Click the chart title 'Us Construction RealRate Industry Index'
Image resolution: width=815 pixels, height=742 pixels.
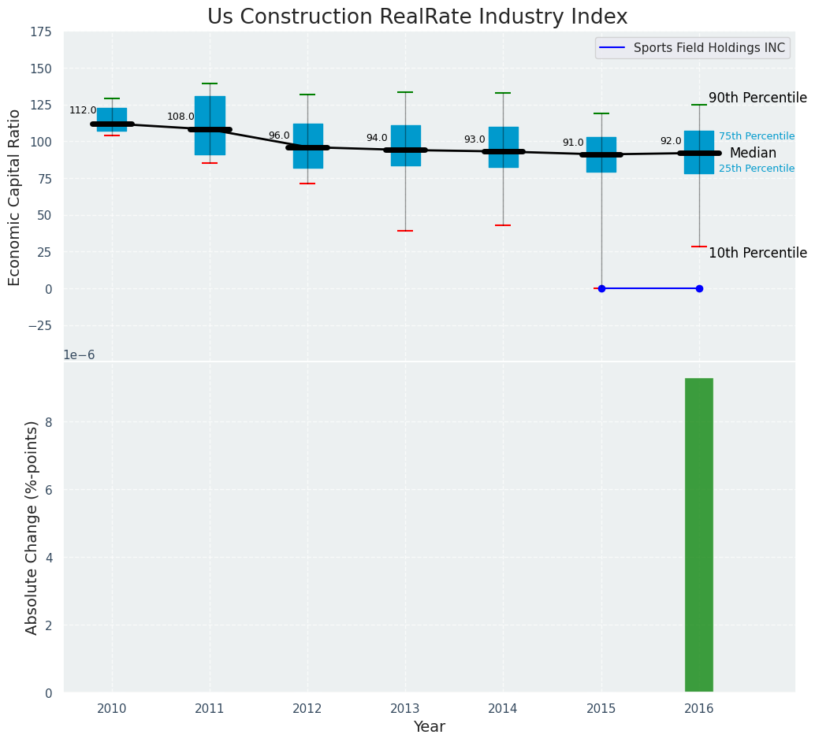(417, 17)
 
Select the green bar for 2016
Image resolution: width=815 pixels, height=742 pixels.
(698, 535)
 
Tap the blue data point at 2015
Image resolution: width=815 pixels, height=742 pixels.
(601, 288)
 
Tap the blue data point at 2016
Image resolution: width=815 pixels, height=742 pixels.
(699, 288)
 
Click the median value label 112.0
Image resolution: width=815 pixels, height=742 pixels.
(83, 110)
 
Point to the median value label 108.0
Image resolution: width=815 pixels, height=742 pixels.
(180, 117)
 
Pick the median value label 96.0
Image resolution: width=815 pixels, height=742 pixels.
(279, 135)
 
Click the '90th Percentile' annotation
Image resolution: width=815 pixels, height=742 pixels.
(757, 98)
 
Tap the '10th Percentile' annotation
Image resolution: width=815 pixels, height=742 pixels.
(757, 254)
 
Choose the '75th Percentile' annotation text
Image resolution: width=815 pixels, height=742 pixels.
(757, 136)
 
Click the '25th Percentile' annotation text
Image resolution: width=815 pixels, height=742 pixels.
(757, 169)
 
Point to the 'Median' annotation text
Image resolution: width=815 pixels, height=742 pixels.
(753, 154)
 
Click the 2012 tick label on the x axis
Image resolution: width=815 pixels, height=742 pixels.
(307, 709)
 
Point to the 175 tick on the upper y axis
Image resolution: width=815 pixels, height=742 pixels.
(41, 32)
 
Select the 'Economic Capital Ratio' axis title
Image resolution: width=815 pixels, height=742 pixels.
(15, 197)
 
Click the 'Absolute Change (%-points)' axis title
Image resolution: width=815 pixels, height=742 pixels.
(32, 527)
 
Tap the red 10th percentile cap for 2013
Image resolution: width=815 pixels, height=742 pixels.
(405, 231)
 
